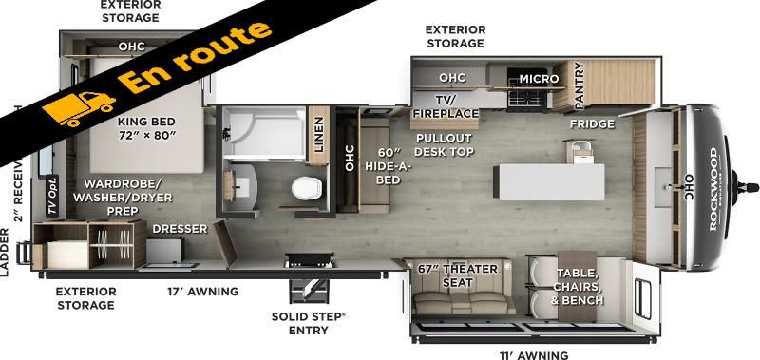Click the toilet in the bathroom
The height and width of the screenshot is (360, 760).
point(307,187)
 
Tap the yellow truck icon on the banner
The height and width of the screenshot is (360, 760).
point(79,108)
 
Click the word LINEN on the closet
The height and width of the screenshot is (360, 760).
point(319,134)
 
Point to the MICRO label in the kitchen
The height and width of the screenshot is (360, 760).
point(539,79)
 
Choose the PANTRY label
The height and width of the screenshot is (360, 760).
point(579,86)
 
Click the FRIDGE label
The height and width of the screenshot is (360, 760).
point(592,124)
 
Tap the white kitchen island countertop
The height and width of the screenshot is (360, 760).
point(549,182)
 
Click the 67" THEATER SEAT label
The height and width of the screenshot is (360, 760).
point(458,275)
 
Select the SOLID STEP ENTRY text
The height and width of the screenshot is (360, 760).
point(309,323)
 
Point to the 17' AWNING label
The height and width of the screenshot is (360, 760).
point(203,292)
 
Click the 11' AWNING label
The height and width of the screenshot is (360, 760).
point(534,355)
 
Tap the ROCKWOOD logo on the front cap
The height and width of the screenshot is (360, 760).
point(713,189)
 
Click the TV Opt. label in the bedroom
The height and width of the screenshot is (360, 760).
point(52,197)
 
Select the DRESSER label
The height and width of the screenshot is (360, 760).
point(180,228)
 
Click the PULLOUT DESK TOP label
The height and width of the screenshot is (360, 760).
point(444,144)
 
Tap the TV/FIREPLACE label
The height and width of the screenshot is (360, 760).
point(446,106)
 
